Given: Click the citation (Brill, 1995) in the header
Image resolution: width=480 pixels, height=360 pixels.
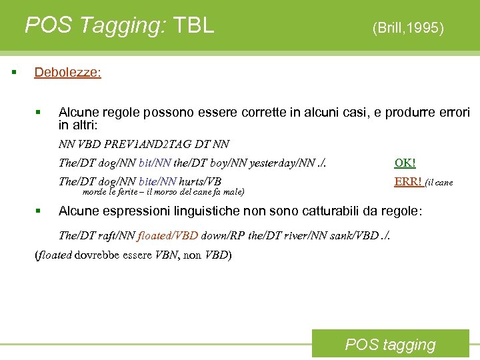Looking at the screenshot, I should [408, 28].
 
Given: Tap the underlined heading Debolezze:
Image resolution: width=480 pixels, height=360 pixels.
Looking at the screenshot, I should [67, 72].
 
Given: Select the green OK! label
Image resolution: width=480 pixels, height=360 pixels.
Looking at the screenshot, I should [405, 163].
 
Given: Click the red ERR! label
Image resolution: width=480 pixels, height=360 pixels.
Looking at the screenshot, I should [408, 181].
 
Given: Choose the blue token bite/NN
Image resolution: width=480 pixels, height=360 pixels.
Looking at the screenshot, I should [158, 181].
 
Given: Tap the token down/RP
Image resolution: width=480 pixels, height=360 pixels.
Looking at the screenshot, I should [223, 235].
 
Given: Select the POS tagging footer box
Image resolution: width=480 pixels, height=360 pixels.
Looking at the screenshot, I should [390, 345].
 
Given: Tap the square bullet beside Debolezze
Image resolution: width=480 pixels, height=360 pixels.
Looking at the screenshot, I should [13, 71].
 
